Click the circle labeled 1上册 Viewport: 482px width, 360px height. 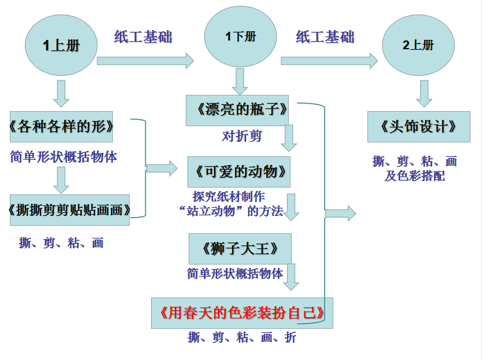tap(60, 45)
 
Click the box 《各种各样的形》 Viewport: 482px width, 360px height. tap(61, 127)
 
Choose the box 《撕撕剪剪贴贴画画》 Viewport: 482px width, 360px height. tap(69, 210)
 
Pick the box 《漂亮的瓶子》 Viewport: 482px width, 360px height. tap(237, 110)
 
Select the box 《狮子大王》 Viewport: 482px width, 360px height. tap(240, 248)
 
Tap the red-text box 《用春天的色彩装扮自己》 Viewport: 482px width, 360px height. tap(242, 313)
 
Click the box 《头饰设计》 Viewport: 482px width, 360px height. tap(419, 127)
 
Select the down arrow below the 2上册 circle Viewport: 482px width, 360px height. tap(424, 93)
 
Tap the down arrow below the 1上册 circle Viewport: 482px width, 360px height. tap(61, 93)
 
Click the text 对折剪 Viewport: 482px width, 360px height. tap(242, 137)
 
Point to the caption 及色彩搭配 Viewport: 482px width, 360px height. tap(415, 176)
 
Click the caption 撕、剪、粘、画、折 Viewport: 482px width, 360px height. tap(242, 337)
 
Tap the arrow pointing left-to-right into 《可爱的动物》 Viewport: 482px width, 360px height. tap(161, 168)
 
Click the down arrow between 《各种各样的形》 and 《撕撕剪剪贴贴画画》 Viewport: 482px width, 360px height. tap(61, 180)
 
